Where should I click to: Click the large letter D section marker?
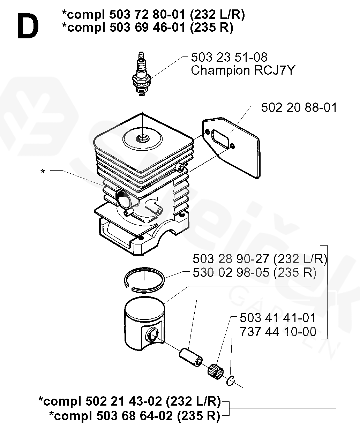point(27,27)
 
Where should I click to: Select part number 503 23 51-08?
point(229,57)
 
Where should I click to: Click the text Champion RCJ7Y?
point(243,70)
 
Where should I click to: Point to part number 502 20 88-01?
point(299,107)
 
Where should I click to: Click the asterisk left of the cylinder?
point(43,172)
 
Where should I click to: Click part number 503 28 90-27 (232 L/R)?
point(260,259)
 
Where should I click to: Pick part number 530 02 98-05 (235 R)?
point(254,272)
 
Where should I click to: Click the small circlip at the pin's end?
point(231,381)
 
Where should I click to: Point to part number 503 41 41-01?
point(278,318)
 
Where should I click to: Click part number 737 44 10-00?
point(278,332)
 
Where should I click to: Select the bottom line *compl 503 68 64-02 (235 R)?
point(135,415)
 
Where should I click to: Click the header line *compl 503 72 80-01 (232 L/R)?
point(153,15)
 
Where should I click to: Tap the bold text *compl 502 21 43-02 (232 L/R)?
point(129,401)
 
